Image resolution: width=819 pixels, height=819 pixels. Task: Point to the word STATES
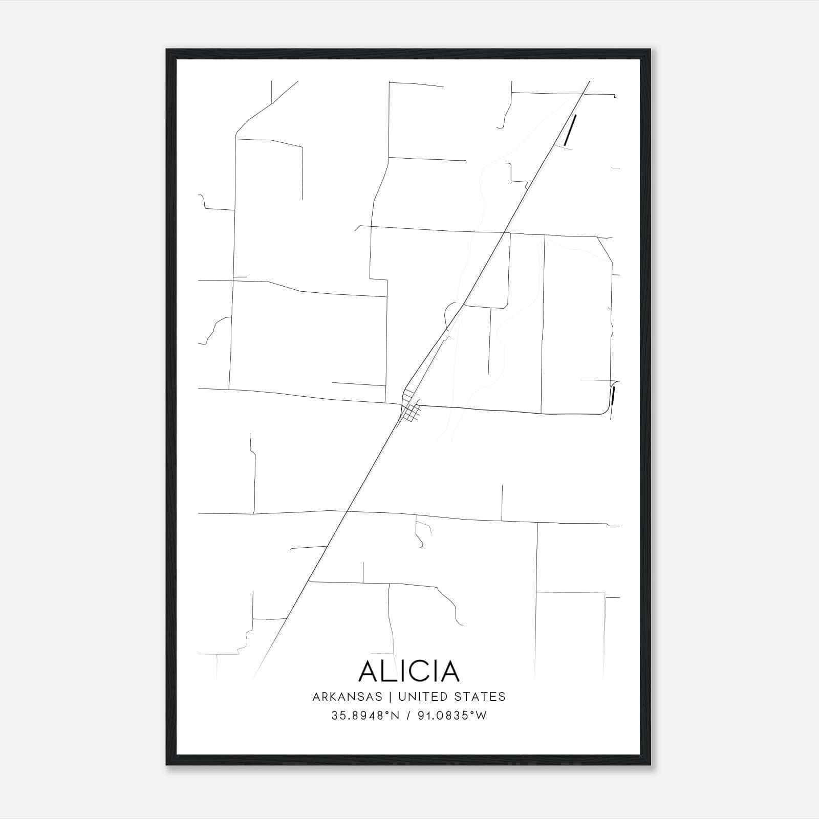[480, 697]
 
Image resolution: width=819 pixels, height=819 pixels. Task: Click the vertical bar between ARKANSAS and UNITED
[390, 697]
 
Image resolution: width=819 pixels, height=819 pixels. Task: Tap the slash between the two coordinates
[407, 716]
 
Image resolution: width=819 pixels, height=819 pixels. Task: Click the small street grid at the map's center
[411, 409]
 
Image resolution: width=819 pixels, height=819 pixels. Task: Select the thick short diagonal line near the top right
[569, 130]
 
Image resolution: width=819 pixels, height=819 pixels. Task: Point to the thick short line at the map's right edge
[612, 396]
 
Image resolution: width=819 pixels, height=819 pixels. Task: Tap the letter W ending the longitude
[481, 716]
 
